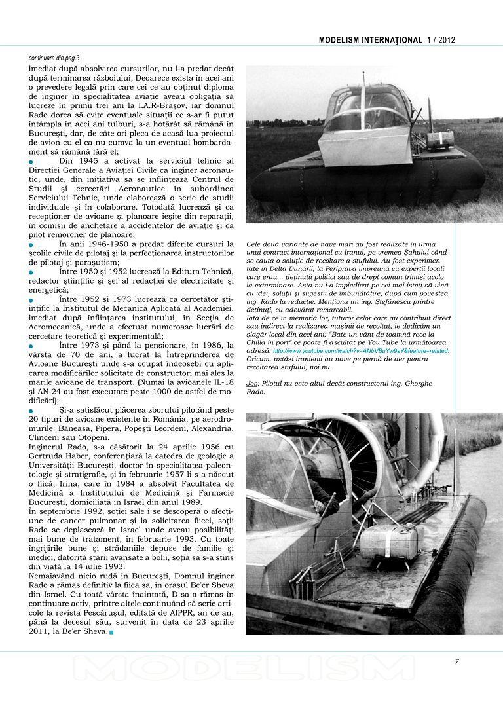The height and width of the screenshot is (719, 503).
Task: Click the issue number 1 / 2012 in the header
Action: pos(441,40)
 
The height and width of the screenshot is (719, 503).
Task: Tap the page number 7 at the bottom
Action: pos(457,661)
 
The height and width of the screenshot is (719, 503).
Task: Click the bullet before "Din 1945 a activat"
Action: pos(31,161)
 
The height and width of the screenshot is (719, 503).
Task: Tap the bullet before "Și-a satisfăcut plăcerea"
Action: pos(31,411)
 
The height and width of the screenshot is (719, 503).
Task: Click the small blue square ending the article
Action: pos(111,632)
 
